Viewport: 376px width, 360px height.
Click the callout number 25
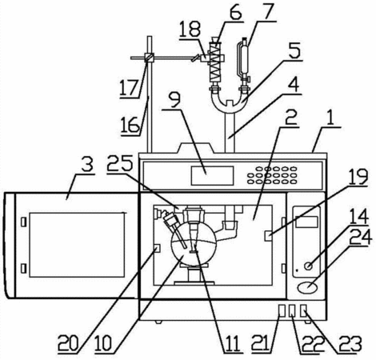point(120,163)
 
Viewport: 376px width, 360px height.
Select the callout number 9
point(175,99)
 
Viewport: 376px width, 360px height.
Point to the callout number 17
point(129,88)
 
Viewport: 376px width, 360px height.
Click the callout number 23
point(350,343)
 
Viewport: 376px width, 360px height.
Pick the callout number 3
point(86,165)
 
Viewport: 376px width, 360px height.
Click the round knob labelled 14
point(309,266)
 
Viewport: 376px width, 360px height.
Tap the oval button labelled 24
point(308,288)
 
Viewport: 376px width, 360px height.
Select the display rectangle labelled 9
point(212,175)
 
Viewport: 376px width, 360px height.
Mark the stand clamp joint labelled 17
point(149,58)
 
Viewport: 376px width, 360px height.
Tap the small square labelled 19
point(268,236)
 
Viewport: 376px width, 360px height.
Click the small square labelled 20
point(157,248)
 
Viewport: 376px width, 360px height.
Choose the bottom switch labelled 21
point(282,311)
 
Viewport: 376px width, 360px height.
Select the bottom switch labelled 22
point(293,311)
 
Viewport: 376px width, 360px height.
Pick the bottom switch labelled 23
point(303,311)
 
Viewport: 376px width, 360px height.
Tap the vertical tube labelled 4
point(230,133)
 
